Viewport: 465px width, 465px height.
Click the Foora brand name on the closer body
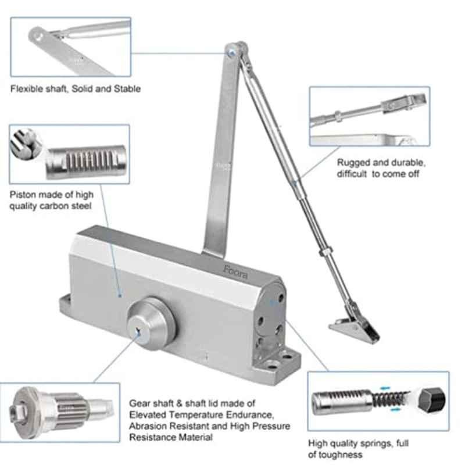tap(235, 272)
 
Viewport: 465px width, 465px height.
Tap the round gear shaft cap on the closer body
tap(151, 324)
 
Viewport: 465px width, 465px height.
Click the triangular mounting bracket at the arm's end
tap(354, 328)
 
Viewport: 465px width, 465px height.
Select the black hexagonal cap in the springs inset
tap(432, 399)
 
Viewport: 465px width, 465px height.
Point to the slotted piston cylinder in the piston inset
tap(86, 162)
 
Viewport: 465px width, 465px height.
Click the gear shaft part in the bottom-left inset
tap(62, 413)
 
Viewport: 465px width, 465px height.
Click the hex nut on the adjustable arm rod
tap(325, 252)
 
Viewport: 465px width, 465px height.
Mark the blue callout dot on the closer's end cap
tap(273, 303)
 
